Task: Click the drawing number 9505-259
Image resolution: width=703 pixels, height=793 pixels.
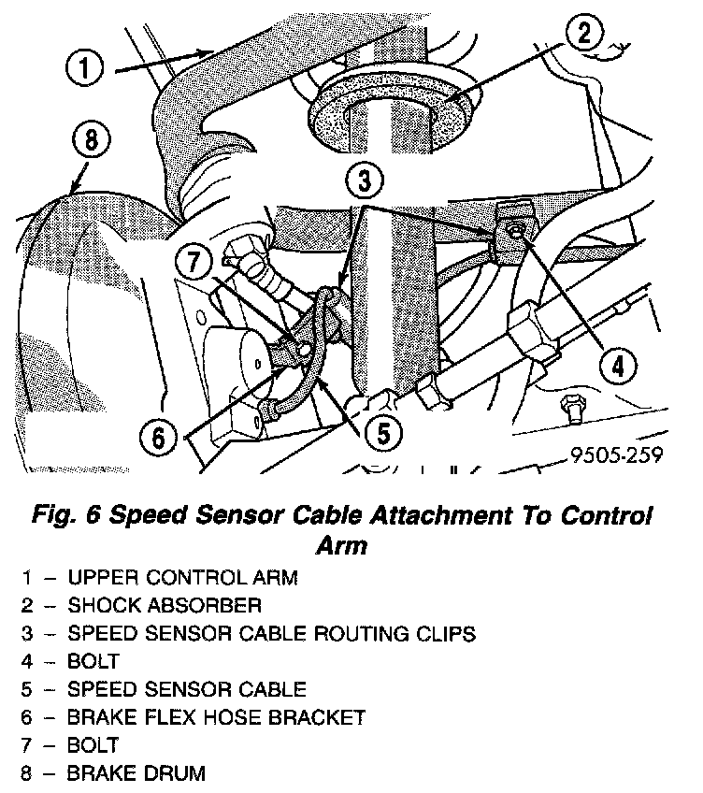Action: [615, 456]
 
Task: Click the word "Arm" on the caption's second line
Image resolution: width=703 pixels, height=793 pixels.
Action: [339, 544]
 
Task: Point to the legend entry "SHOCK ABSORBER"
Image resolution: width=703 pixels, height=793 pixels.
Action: [164, 606]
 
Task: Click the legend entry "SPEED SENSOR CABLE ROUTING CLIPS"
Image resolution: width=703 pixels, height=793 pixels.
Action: [271, 634]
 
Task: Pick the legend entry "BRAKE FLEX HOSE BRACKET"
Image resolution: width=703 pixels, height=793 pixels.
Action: [215, 718]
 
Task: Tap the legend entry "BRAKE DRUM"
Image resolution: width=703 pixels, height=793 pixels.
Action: [136, 774]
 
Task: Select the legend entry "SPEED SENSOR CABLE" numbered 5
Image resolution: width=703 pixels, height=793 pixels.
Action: [187, 690]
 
